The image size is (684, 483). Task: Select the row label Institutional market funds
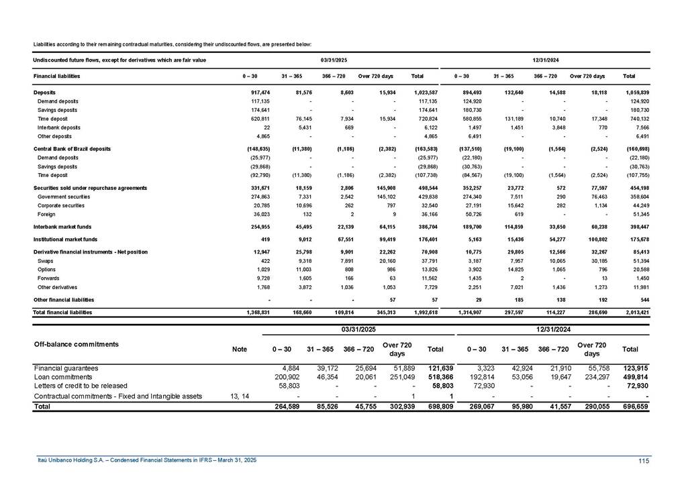coord(66,238)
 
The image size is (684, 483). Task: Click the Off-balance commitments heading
coord(76,344)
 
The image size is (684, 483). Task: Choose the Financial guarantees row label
coord(66,368)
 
